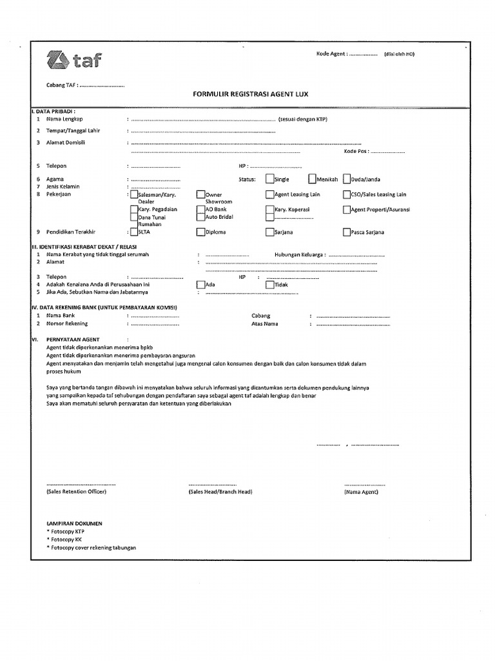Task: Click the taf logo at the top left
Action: point(74,61)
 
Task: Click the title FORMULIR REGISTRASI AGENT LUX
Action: point(251,94)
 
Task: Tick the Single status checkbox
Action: point(269,179)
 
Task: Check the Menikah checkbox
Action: point(312,179)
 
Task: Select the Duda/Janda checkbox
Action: point(347,179)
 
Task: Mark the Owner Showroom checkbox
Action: point(200,194)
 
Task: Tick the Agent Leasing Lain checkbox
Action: point(269,194)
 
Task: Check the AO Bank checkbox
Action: point(200,209)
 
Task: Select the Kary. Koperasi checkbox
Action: point(269,209)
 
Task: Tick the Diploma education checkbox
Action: point(200,232)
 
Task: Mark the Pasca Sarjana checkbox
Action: point(347,232)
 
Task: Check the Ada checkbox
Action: point(200,284)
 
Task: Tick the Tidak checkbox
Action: point(269,284)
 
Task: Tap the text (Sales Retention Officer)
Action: point(76,492)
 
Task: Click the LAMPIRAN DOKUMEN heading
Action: point(74,524)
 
